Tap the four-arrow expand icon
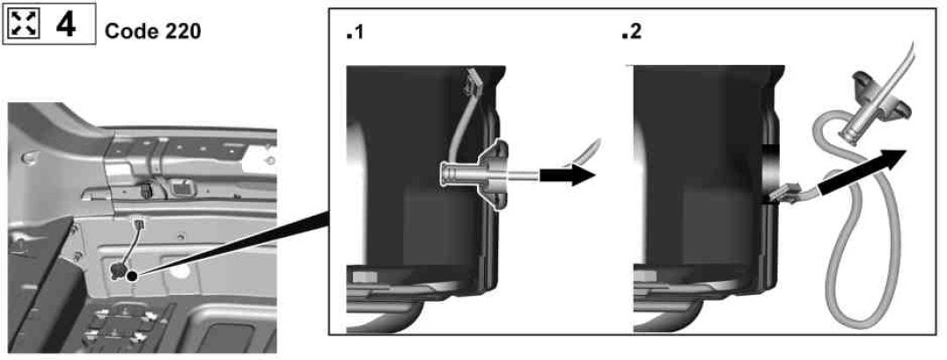coord(24,24)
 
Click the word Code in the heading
coord(126,31)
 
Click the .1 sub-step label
coord(356,33)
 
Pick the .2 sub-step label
coord(632,33)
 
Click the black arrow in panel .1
coord(567,175)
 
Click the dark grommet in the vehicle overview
coord(117,270)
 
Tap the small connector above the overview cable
coord(140,224)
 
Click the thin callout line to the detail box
coord(232,243)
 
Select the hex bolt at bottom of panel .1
coord(364,277)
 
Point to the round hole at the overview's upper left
coord(27,158)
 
